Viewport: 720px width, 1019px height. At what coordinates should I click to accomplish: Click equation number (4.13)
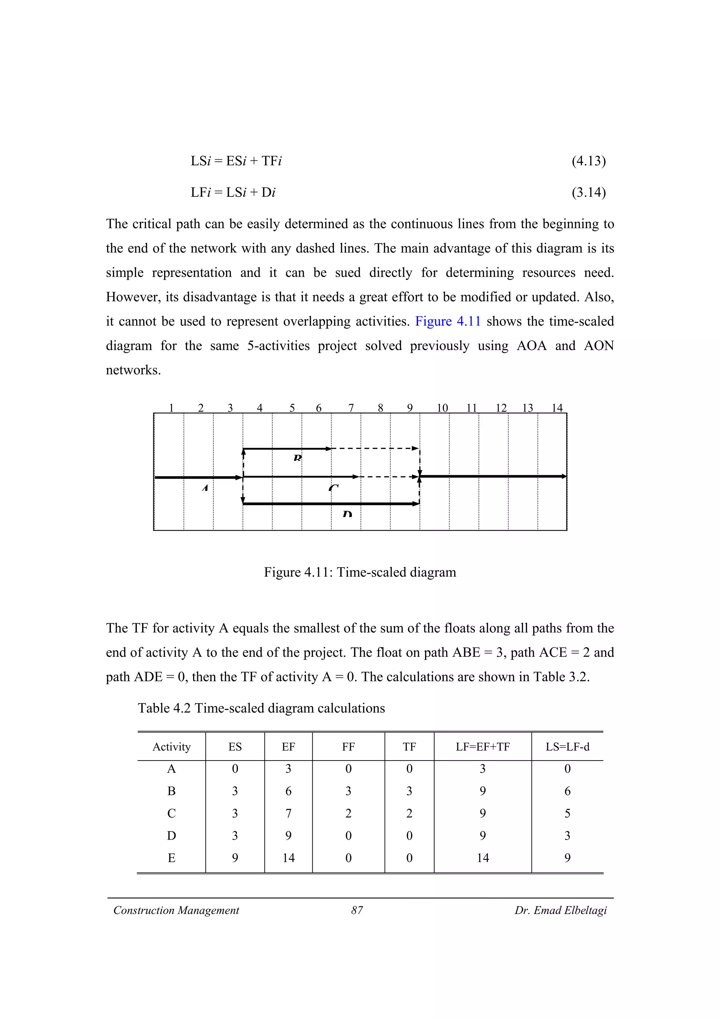(x=588, y=161)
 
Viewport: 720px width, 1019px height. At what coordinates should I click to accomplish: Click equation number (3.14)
(x=588, y=192)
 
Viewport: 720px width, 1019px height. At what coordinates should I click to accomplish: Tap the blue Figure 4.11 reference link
(x=448, y=321)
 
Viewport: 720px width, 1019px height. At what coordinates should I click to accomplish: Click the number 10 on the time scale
(x=442, y=408)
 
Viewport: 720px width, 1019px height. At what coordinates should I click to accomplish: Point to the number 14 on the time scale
(x=557, y=408)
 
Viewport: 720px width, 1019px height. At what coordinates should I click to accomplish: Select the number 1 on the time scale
(x=171, y=408)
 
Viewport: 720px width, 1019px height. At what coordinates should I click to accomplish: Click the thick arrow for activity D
(x=330, y=504)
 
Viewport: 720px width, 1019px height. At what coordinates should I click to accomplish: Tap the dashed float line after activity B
(x=375, y=448)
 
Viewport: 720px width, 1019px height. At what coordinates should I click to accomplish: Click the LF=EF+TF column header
(x=483, y=746)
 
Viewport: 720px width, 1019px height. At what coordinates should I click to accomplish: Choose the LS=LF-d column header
(x=567, y=746)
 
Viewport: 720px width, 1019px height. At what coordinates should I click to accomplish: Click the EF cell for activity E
(x=288, y=858)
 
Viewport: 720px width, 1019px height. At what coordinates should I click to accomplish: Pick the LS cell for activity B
(x=567, y=791)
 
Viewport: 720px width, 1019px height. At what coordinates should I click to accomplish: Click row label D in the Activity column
(x=172, y=836)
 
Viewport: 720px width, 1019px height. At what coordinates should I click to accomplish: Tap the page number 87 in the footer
(x=357, y=910)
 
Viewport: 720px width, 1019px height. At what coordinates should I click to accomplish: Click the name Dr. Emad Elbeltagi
(x=560, y=910)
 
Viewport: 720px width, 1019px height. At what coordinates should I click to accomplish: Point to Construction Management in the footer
(x=176, y=910)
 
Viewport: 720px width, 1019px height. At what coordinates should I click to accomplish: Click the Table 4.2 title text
(x=261, y=708)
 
